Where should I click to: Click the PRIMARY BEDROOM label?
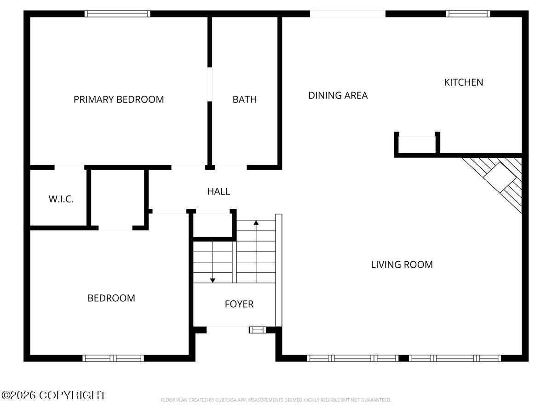(119, 99)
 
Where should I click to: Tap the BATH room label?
(244, 99)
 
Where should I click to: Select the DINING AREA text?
(338, 95)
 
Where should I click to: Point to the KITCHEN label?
(464, 82)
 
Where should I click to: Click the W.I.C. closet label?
(61, 199)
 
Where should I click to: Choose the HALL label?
(218, 191)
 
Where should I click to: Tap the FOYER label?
(239, 304)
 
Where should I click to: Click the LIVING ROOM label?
(402, 264)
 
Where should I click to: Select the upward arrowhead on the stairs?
(256, 223)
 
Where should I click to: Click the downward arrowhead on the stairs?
(213, 281)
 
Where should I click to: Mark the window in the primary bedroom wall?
(117, 14)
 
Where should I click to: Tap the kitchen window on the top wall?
(468, 14)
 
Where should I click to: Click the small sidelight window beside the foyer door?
(258, 330)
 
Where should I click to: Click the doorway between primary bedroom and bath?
(210, 84)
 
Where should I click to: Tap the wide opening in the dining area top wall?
(348, 14)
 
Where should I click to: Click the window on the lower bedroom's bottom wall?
(113, 358)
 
